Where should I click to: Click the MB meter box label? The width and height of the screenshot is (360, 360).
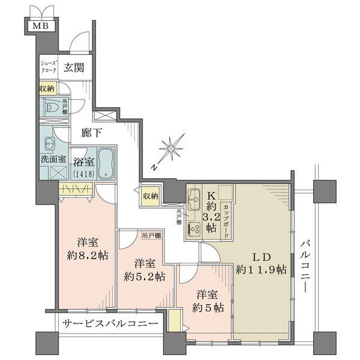tap(40, 26)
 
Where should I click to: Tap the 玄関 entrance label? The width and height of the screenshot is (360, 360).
tap(74, 67)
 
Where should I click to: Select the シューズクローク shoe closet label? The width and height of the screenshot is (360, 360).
tap(48, 67)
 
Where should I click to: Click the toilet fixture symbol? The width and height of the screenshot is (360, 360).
tap(52, 107)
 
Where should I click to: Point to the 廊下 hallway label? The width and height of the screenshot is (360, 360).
tap(91, 133)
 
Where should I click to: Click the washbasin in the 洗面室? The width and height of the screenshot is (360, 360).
tap(49, 144)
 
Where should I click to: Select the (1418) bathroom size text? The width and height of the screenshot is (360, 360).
tap(83, 174)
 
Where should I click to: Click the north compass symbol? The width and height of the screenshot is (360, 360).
tap(171, 149)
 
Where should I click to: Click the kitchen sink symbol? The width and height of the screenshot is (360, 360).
tap(194, 200)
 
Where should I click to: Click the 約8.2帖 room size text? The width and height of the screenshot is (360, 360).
tap(88, 255)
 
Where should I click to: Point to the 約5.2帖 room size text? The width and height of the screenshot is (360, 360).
tap(145, 277)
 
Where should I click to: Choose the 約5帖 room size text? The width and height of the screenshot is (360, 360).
tap(208, 307)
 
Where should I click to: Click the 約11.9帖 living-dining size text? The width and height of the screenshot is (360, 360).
tap(261, 269)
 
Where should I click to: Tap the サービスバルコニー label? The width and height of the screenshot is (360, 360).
tap(110, 323)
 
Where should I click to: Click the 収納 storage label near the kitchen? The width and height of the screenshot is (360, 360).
tap(151, 196)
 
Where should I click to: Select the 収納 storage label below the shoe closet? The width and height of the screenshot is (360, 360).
tap(47, 88)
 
